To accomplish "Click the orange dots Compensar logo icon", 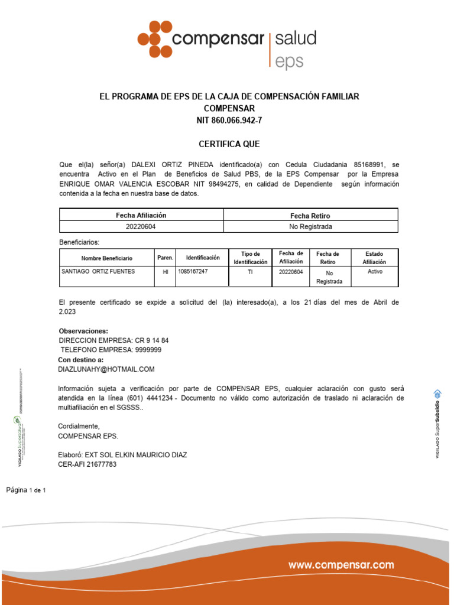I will point(155,39).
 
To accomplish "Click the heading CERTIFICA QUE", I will point(228,144).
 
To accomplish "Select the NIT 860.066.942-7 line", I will point(229,121).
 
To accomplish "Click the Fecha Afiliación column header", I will point(141,216).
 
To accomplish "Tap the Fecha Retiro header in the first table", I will point(310,216).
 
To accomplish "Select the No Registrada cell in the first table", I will point(310,227).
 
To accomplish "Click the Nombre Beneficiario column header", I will point(107,258).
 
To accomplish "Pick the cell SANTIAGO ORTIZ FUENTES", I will point(98,272).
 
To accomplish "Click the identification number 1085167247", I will point(193,272).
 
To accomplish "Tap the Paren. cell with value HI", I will point(165,272).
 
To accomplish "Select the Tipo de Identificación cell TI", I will point(250,272).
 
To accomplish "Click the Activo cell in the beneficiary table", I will point(375,272).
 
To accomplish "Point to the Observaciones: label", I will point(83,331).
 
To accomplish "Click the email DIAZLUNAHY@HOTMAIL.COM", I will point(106,369).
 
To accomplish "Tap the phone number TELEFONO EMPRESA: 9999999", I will point(110,350).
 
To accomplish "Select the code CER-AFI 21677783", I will point(87,464).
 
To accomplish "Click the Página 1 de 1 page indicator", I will point(26,490).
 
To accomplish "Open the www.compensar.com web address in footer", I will point(341,565).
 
